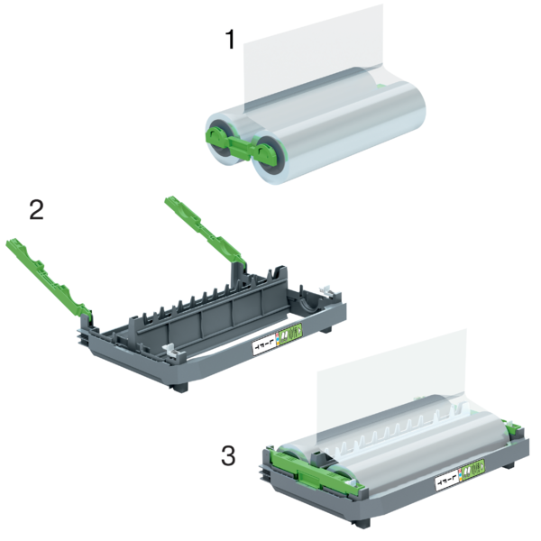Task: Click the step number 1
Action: coord(232,41)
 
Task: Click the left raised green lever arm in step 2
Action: coord(45,270)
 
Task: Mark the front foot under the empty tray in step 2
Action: coord(180,386)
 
